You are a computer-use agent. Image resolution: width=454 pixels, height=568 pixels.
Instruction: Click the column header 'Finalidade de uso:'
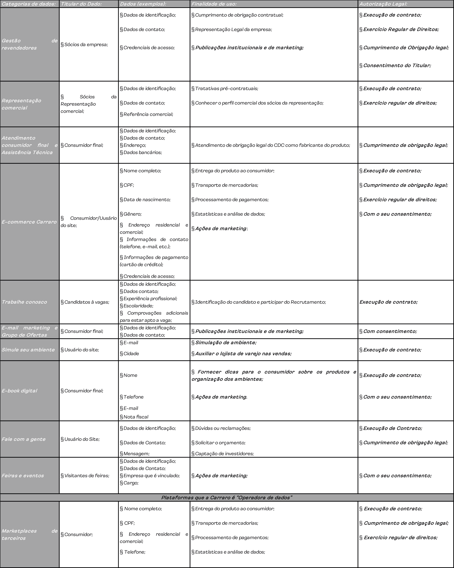click(214, 4)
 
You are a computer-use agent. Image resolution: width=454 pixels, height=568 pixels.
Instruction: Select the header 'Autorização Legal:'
click(383, 4)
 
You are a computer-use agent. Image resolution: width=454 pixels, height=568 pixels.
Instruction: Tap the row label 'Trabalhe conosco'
click(24, 302)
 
